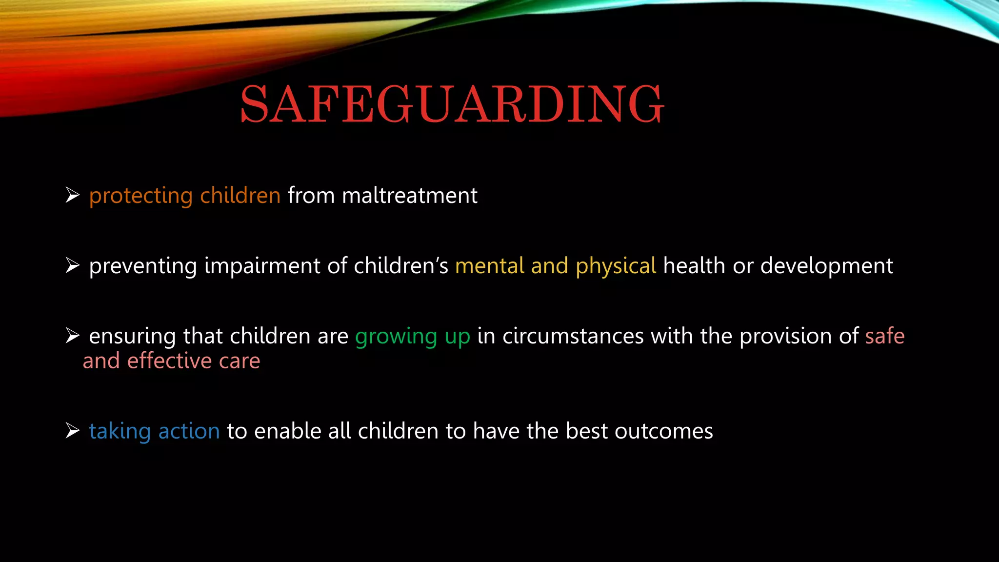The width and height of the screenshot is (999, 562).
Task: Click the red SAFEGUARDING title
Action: point(452,104)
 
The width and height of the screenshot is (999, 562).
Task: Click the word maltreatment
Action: point(409,196)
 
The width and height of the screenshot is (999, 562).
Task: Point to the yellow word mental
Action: point(490,266)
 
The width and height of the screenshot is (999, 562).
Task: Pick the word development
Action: point(826,266)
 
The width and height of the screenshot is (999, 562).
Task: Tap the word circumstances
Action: point(573,336)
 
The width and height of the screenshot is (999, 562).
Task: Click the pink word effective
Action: point(170,361)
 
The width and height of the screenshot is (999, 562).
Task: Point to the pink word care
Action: point(240,361)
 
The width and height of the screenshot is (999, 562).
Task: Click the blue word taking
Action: point(120,432)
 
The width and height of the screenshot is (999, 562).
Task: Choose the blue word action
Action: point(189,431)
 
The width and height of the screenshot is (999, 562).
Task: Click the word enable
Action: point(287,431)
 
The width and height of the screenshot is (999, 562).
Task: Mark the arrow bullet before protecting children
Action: point(73,196)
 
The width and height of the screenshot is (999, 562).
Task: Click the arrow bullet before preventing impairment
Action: point(73,266)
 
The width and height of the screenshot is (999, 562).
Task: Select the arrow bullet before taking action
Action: point(73,431)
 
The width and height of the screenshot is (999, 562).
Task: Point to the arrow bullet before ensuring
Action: point(73,336)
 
